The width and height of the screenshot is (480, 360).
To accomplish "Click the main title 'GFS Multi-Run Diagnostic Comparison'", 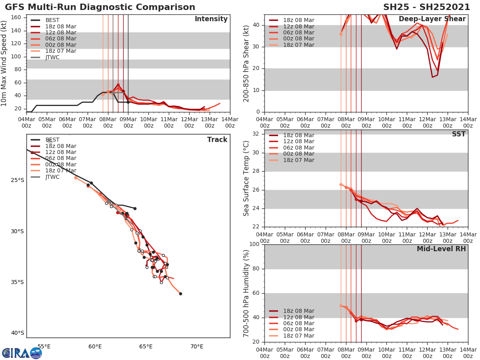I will pos(100,7).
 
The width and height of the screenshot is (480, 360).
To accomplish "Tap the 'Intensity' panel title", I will pos(211,19).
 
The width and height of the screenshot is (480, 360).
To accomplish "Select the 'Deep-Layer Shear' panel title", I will pos(432,19).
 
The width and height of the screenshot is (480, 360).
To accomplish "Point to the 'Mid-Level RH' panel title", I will pos(441,249).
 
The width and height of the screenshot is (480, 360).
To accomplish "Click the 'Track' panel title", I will pos(217,140).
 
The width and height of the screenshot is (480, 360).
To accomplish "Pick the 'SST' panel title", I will pos(459,134).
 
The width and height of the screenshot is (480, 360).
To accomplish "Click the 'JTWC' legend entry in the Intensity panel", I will pos(52,57).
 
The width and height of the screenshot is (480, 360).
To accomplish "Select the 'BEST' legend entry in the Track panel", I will pos(52,140).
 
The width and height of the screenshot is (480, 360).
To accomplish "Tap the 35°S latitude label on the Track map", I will pos(18,282).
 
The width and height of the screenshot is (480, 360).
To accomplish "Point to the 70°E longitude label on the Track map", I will pos(197,346).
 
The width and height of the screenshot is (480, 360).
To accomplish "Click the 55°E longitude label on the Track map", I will pos(44,346).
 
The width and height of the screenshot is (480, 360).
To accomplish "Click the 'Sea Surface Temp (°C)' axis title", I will pos(246,178).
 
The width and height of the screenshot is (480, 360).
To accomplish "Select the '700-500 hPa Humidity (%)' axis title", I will pos(246,293).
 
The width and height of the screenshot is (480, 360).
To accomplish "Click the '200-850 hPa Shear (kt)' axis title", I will pos(246,63).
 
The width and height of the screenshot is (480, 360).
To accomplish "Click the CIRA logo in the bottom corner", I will pos(22,353).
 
